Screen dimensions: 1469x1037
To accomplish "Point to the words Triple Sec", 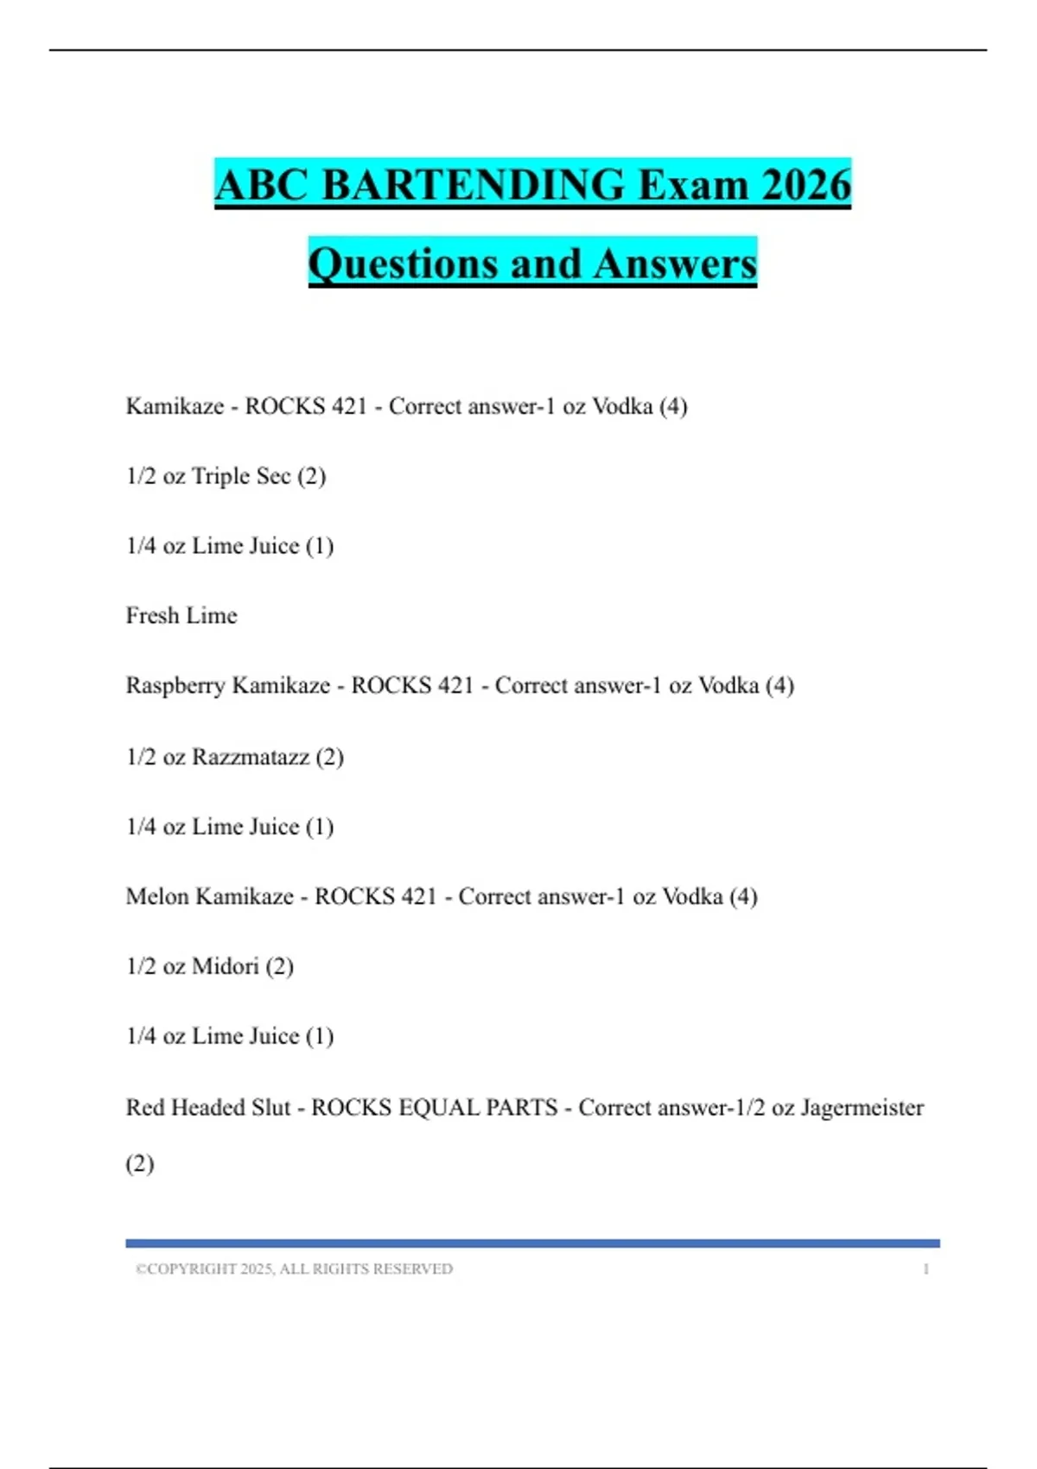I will pyautogui.click(x=241, y=476).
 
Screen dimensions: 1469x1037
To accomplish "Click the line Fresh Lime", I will pyautogui.click(x=181, y=615).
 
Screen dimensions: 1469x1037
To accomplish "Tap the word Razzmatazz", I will pyautogui.click(x=250, y=757).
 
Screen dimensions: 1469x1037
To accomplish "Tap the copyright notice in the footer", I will pyautogui.click(x=294, y=1269).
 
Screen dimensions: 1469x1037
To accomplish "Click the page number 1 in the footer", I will pyautogui.click(x=926, y=1269).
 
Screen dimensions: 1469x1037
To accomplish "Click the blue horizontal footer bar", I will pyautogui.click(x=532, y=1243).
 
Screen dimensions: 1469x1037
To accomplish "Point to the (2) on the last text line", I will pyautogui.click(x=140, y=1164).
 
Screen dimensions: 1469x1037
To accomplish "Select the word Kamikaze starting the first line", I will pyautogui.click(x=175, y=406).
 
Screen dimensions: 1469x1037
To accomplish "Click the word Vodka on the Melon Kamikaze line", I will pyautogui.click(x=692, y=896).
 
